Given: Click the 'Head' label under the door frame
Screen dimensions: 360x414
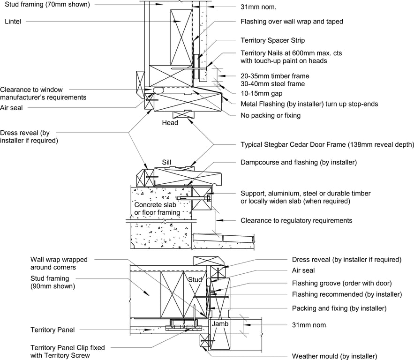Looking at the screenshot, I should (170, 123).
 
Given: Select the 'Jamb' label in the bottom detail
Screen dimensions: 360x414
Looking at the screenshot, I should (219, 324).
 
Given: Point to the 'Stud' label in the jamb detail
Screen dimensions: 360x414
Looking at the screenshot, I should (195, 280).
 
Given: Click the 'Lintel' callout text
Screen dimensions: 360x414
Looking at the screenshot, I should (15, 21).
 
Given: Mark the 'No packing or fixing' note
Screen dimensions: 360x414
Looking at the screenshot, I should (270, 115).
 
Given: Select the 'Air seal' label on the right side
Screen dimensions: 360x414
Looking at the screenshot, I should (303, 270).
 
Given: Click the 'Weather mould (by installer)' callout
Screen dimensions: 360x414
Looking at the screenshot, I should (334, 356).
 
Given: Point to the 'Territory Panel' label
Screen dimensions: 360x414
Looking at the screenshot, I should (53, 330).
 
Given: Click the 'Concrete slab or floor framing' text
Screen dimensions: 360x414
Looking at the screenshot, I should (157, 209).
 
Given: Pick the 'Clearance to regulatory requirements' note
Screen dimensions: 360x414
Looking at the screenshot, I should (296, 220).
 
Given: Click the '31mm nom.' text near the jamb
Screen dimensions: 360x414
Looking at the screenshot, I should (309, 324).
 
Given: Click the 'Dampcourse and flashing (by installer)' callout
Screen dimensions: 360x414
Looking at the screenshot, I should (299, 162).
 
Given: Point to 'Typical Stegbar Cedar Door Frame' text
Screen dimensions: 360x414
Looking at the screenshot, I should (327, 144).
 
